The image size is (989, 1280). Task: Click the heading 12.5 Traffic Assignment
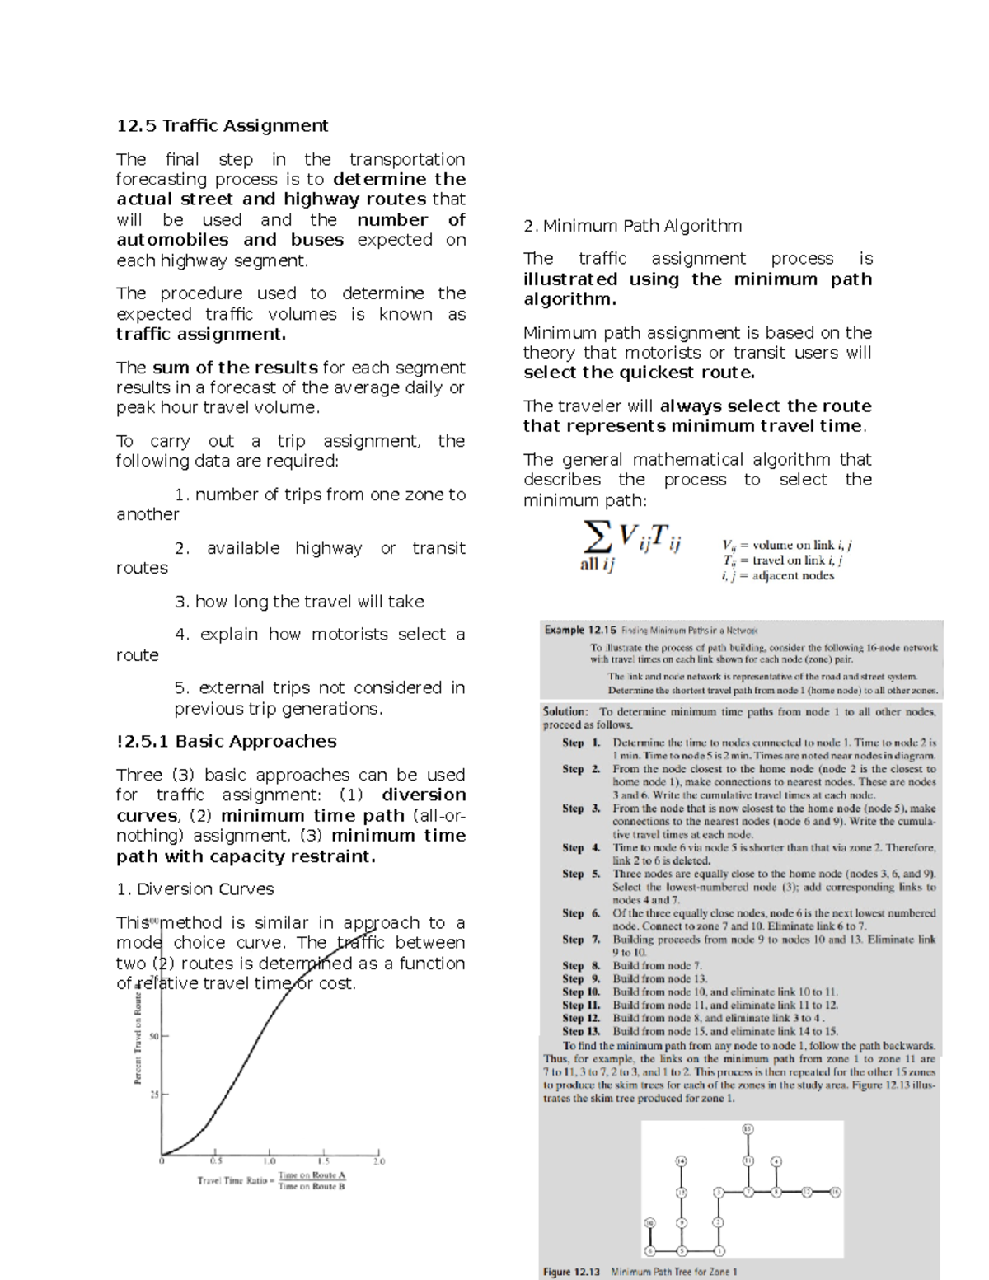tap(222, 125)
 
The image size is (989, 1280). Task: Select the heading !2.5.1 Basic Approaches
tap(226, 741)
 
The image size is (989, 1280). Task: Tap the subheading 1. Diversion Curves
tap(195, 888)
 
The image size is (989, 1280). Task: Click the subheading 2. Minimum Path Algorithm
tap(632, 226)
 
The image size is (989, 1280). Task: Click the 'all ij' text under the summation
tap(597, 565)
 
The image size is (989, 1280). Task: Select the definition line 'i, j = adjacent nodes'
tap(777, 575)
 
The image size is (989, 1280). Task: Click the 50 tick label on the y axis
tap(154, 1036)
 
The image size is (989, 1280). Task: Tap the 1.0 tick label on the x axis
tap(270, 1161)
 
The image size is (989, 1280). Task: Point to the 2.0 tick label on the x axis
tap(378, 1161)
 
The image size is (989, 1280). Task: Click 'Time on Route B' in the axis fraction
tap(312, 1186)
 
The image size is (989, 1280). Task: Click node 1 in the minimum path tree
tap(719, 1250)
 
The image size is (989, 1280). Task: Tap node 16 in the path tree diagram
tap(835, 1192)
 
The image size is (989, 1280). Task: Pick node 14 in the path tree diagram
tap(682, 1160)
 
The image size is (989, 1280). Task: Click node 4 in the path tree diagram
tap(776, 1161)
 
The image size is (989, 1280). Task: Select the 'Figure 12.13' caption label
tap(571, 1272)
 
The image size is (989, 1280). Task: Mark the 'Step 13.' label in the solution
tap(581, 1031)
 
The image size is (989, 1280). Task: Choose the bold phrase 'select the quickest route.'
tap(639, 373)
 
